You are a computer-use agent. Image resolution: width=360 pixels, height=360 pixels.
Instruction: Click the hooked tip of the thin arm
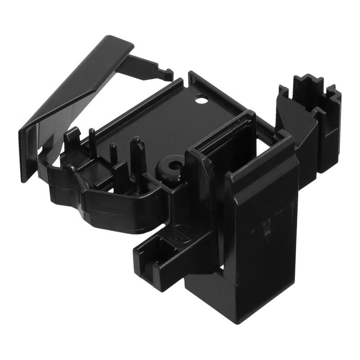click(167, 73)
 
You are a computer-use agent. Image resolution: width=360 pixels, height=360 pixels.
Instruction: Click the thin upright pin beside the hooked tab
click(92, 142)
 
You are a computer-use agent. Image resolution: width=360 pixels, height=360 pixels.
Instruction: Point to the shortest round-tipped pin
click(113, 153)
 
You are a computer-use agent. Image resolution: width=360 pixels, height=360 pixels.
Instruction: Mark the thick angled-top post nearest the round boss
click(137, 155)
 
